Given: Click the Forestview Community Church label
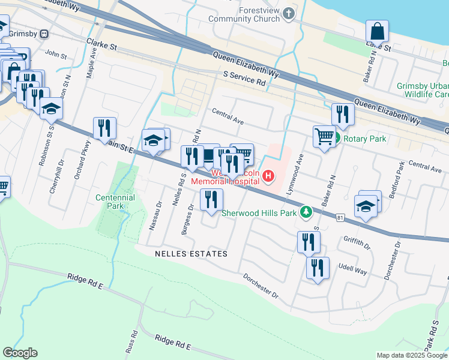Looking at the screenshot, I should point(244,14).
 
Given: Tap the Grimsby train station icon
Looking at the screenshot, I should point(44,34).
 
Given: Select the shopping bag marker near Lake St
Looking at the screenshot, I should point(377,31).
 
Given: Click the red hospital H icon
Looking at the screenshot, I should point(268,177).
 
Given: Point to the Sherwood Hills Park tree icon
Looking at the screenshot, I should point(306,212).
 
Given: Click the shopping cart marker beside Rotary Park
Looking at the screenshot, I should point(324,137).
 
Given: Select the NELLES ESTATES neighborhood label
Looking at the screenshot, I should point(191,254).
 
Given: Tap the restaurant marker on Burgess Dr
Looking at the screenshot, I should point(211,200).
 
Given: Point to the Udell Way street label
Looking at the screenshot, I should point(352,271).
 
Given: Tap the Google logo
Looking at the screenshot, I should point(20,352).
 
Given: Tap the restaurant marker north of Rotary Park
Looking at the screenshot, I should point(342,115).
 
